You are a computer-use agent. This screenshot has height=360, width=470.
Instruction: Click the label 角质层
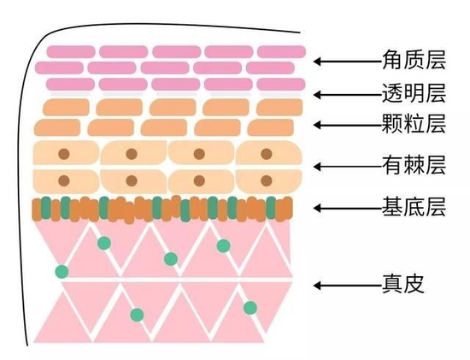[414, 60]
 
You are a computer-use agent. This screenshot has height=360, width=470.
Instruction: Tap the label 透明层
[414, 93]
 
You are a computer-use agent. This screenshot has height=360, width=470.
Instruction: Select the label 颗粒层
[414, 123]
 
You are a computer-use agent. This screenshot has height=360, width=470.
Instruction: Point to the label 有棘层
[414, 165]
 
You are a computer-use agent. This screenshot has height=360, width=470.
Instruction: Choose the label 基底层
[414, 207]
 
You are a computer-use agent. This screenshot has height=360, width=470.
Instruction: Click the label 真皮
[403, 284]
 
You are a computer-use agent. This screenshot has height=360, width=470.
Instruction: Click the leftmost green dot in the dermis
[62, 272]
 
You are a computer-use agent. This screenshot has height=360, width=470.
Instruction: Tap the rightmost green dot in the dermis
[250, 308]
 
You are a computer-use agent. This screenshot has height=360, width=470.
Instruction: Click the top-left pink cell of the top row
[71, 52]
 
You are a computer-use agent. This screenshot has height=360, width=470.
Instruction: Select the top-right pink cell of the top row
[281, 52]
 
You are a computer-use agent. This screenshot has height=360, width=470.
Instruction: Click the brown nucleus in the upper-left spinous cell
[64, 154]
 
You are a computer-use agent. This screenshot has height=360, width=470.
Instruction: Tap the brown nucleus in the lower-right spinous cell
[267, 181]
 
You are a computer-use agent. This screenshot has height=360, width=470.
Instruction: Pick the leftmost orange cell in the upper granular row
[66, 108]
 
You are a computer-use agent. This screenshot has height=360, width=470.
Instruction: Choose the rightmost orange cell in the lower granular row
[270, 127]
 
